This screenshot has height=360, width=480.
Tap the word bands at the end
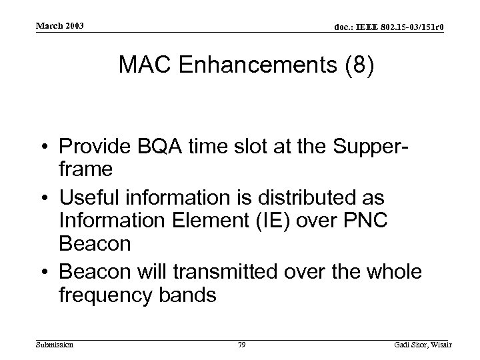pyautogui.click(x=189, y=294)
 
